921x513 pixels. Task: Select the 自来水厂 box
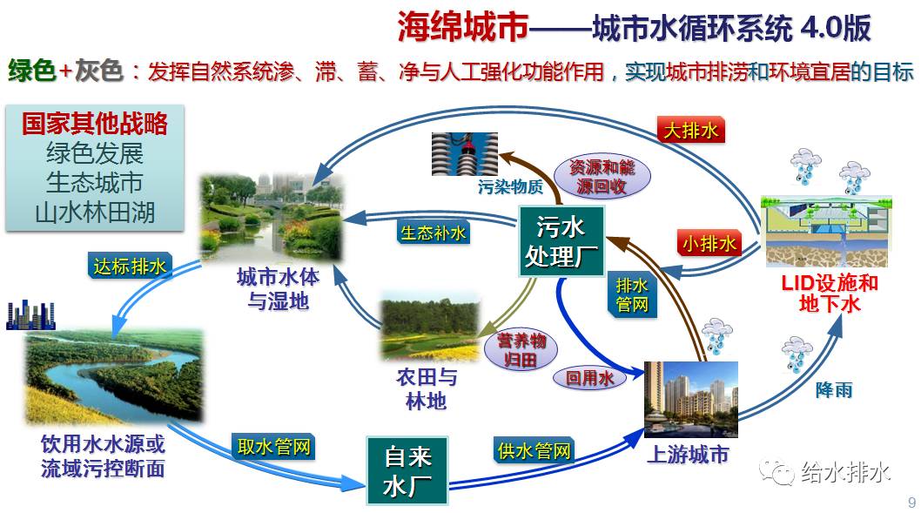click(407, 472)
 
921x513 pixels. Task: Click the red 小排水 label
click(709, 244)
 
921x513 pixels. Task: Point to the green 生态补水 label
click(433, 233)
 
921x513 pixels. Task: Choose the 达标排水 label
click(130, 267)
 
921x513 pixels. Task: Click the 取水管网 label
click(273, 447)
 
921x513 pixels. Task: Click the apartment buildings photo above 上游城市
click(690, 399)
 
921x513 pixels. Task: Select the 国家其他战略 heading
click(95, 124)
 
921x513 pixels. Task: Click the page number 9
click(911, 502)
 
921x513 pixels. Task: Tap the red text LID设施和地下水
click(828, 294)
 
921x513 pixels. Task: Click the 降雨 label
click(833, 389)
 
